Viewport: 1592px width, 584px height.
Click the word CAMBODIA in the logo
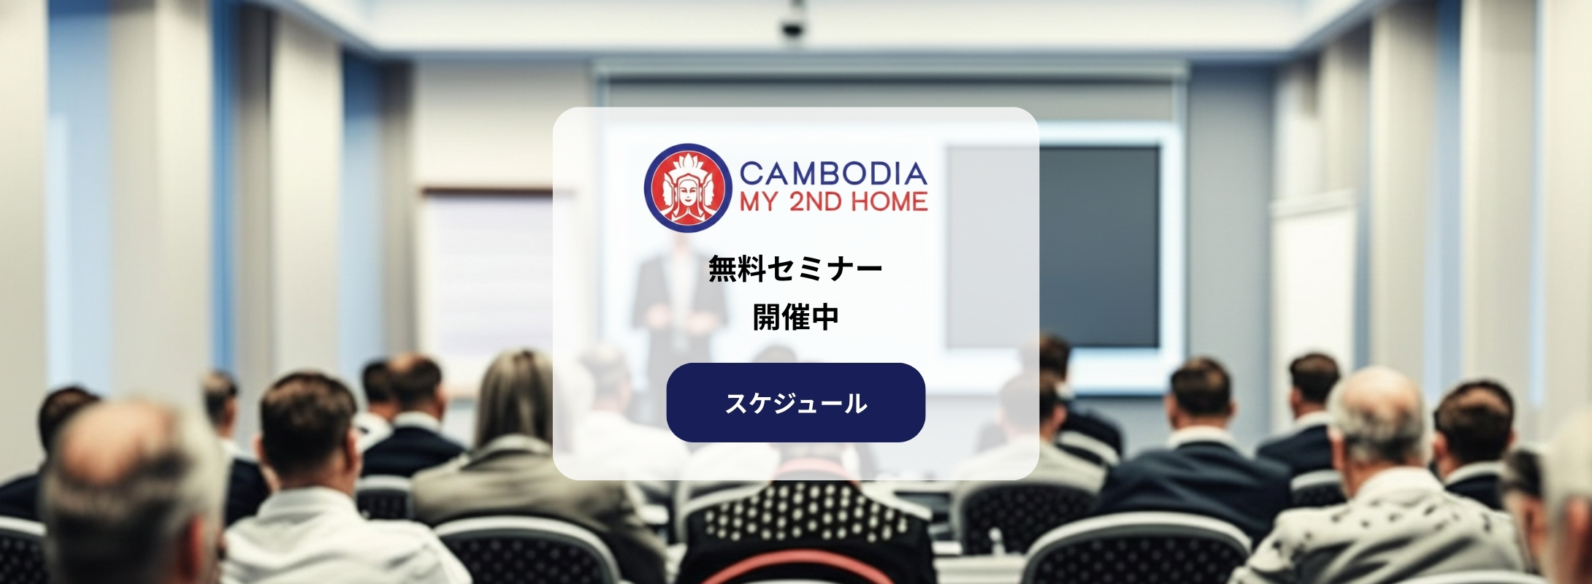pyautogui.click(x=833, y=174)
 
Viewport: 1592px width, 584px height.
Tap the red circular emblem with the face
pyautogui.click(x=688, y=188)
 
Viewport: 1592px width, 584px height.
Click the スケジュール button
pyautogui.click(x=796, y=402)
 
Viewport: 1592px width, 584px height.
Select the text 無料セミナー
pyautogui.click(x=796, y=269)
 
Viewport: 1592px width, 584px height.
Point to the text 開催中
pyautogui.click(x=796, y=317)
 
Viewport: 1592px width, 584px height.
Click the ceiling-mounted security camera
pyautogui.click(x=792, y=22)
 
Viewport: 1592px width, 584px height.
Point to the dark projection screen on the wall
pyautogui.click(x=1099, y=247)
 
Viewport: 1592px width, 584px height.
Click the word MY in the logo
pyautogui.click(x=759, y=201)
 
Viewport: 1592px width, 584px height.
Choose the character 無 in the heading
pyautogui.click(x=723, y=269)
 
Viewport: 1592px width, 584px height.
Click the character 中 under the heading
pyautogui.click(x=825, y=317)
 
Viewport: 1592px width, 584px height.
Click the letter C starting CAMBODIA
pyautogui.click(x=751, y=174)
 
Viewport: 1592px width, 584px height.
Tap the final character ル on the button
pyautogui.click(x=855, y=403)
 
